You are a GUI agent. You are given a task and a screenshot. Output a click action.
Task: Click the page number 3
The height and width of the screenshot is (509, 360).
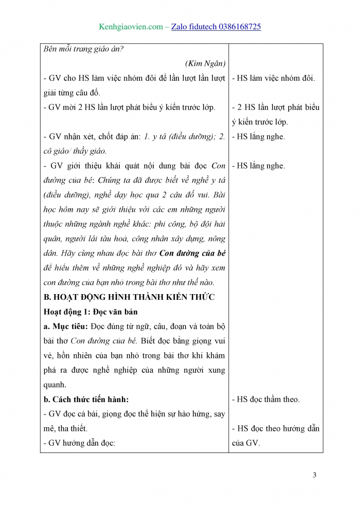(x=314, y=475)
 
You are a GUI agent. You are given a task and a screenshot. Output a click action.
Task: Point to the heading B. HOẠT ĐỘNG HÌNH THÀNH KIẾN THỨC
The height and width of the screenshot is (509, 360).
(x=129, y=297)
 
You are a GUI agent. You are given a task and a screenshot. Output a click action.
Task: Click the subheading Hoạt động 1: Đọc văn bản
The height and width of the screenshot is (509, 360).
(x=91, y=312)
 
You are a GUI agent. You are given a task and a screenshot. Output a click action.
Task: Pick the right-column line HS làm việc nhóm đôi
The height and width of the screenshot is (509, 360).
(x=274, y=78)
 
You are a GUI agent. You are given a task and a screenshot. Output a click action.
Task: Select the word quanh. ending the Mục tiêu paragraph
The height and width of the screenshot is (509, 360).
(x=56, y=385)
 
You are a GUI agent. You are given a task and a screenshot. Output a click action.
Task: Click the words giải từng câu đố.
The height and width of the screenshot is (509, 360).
(x=71, y=93)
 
